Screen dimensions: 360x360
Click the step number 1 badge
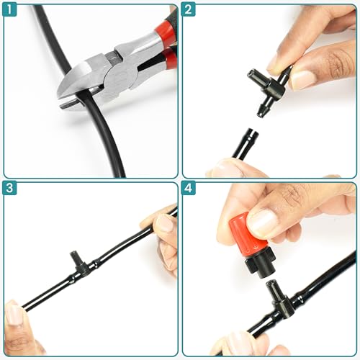coord(9,9)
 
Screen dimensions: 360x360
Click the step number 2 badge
coord(188,9)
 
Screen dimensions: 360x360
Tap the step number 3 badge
coord(9,188)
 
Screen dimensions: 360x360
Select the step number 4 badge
coord(188,188)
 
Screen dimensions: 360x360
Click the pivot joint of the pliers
coord(120,79)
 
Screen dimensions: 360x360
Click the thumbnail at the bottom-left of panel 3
coord(14,315)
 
